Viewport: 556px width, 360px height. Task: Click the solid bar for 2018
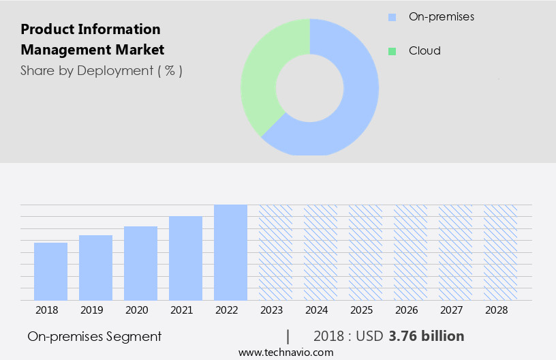(50, 271)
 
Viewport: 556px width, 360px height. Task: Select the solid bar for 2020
(140, 263)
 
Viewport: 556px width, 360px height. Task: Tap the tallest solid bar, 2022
(230, 252)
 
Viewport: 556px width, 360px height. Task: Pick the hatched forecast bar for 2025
(365, 252)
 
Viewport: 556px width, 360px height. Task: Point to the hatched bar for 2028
(500, 252)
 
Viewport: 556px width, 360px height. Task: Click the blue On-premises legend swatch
(392, 17)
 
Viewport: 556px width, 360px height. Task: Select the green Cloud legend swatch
(392, 51)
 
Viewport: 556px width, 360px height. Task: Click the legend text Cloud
(424, 51)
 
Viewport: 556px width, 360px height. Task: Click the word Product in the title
(45, 30)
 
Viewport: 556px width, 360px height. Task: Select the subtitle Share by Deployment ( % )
(102, 70)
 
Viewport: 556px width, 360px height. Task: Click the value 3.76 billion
(427, 336)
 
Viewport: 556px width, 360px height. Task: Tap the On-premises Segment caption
(95, 336)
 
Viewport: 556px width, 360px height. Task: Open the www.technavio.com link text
(286, 352)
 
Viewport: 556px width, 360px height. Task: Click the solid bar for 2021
(185, 258)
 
